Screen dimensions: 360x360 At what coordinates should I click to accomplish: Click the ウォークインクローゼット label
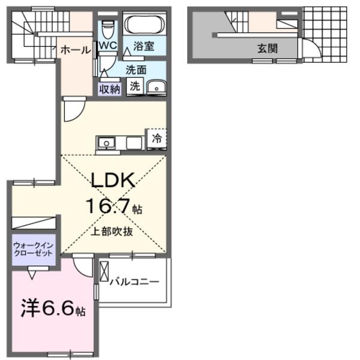(34, 248)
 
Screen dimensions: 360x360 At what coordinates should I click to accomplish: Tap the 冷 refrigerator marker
(156, 139)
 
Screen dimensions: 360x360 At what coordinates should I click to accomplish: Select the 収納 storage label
(110, 88)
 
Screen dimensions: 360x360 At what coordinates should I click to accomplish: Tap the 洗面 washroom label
(136, 69)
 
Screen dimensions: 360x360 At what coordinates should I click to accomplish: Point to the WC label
(108, 46)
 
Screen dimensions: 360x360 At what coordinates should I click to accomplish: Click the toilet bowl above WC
(108, 28)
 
